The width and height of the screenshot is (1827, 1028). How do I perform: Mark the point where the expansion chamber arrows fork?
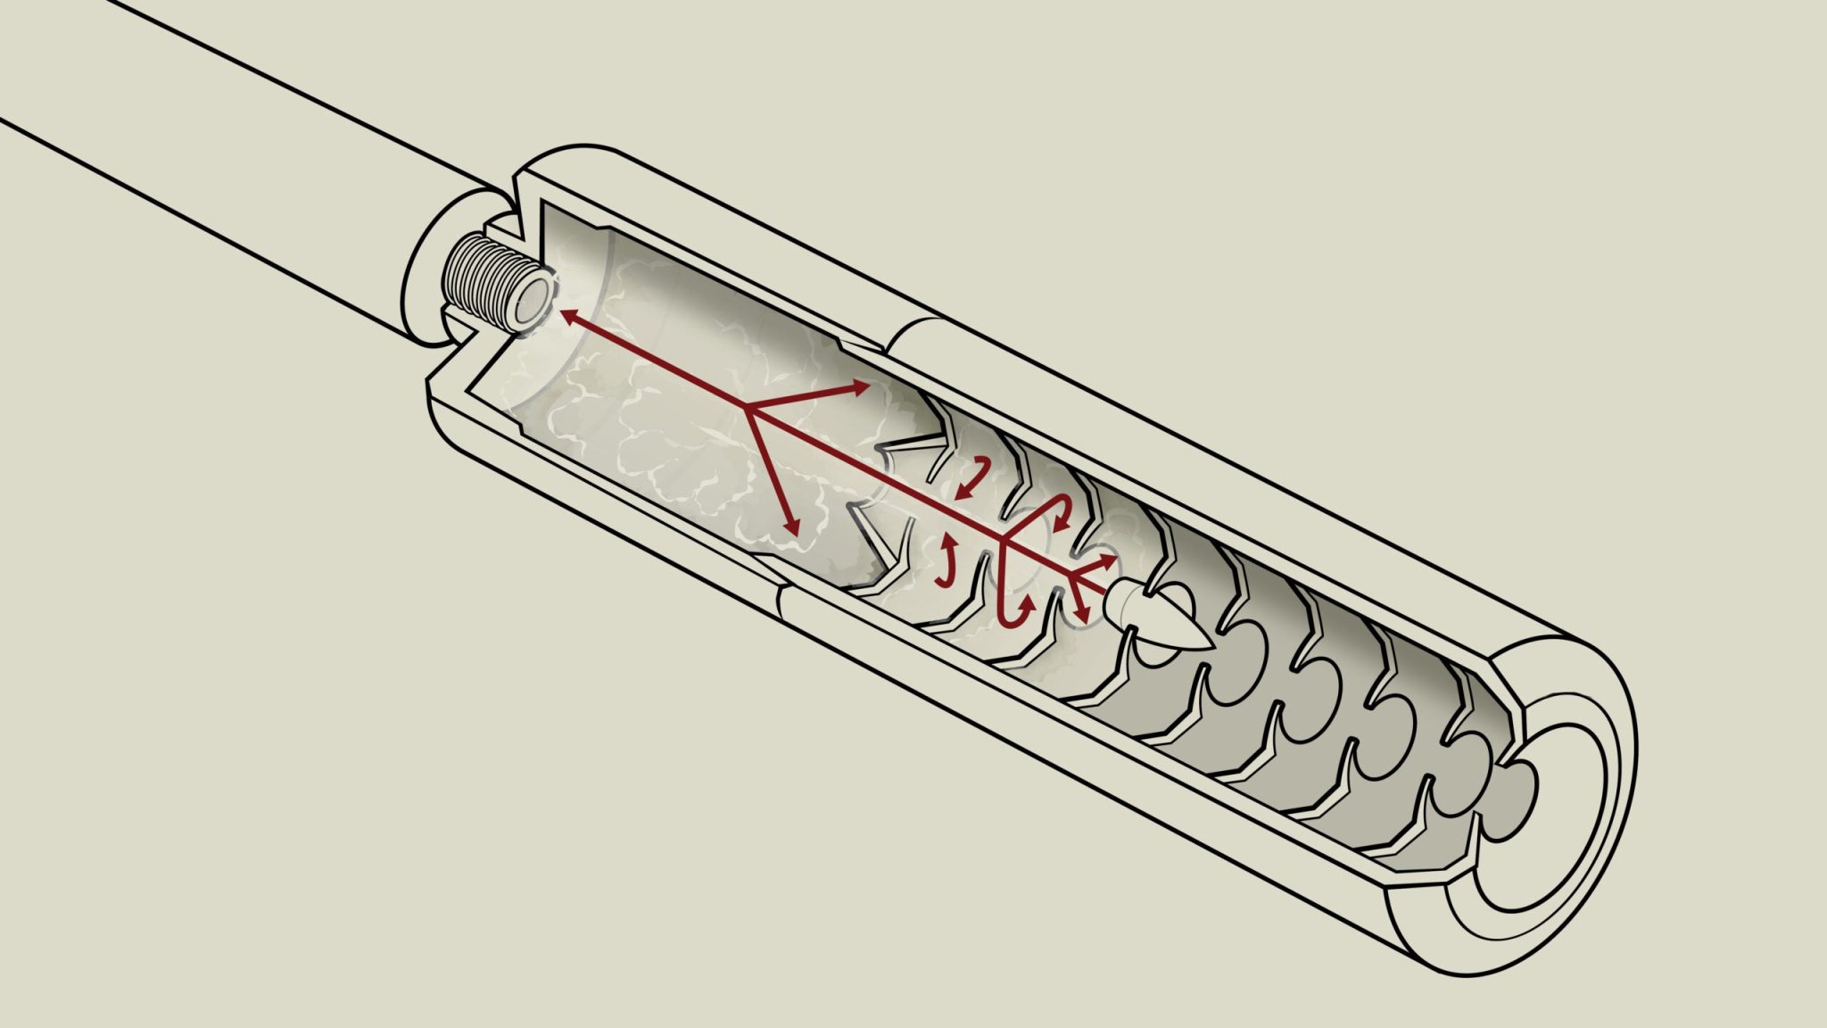pos(745,409)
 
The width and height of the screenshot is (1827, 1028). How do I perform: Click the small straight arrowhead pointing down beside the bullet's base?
pos(1081,615)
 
